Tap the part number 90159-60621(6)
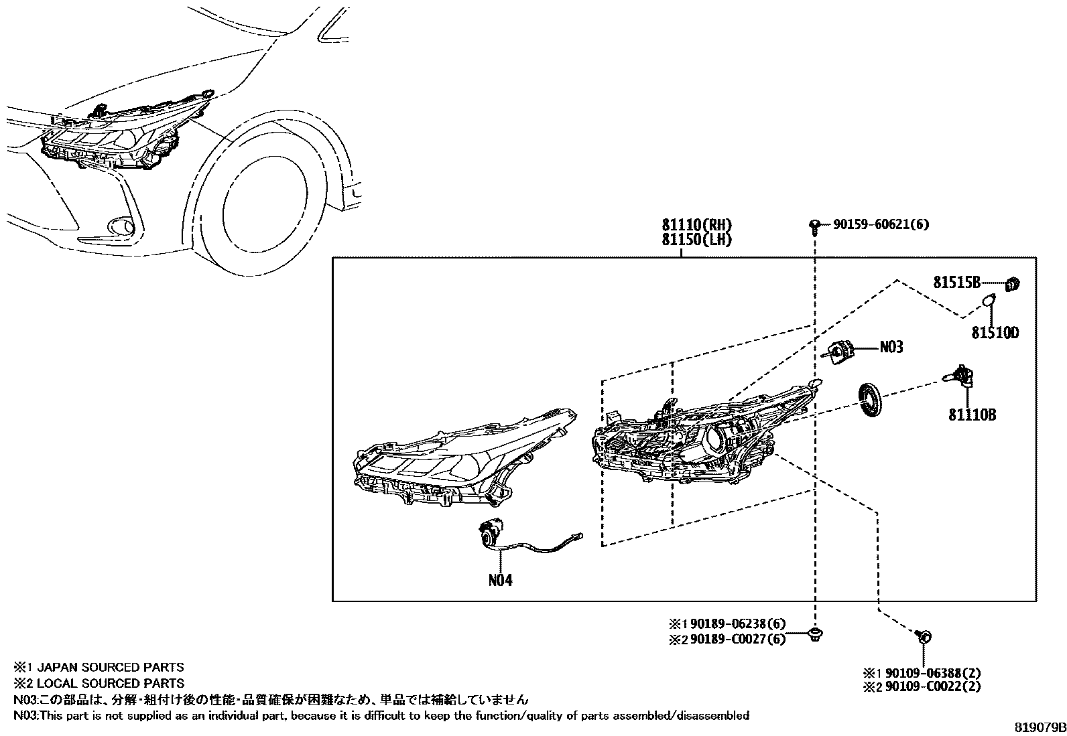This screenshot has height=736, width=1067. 881,225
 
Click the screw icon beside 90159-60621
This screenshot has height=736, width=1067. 814,226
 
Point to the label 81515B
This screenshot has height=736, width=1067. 957,283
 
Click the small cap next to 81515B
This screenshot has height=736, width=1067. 1013,285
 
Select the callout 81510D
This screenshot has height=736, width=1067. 995,332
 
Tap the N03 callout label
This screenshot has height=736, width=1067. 891,347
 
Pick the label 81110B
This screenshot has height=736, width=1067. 972,415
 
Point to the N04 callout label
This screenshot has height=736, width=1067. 500,580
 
